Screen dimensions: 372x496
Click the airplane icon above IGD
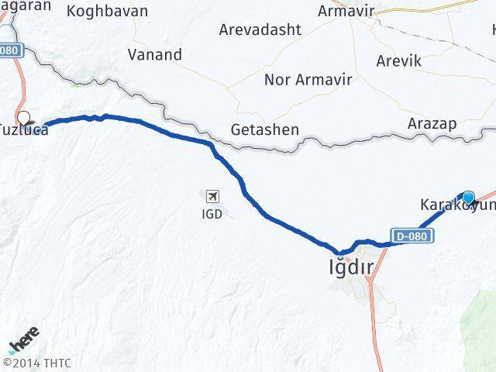(x=212, y=197)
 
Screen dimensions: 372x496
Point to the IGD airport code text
(x=211, y=213)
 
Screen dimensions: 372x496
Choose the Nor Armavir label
(x=308, y=79)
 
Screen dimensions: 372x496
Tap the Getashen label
(x=265, y=129)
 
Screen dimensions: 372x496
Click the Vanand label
(x=156, y=55)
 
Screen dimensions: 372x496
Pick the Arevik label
(x=398, y=60)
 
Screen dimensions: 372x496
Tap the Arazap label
(x=432, y=124)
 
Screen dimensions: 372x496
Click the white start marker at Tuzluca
(x=24, y=119)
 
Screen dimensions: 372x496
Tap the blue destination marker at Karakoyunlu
(x=468, y=197)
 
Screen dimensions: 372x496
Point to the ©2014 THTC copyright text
(x=36, y=362)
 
